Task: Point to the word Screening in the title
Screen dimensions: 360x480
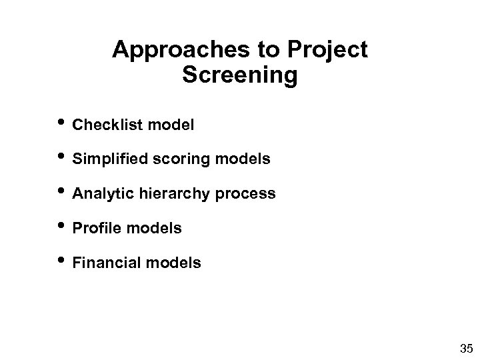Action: click(239, 75)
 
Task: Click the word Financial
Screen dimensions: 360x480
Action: click(104, 263)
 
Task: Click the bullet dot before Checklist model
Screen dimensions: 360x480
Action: click(64, 123)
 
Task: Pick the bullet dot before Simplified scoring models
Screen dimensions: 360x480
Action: click(64, 157)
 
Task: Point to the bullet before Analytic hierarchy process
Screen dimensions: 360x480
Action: click(64, 192)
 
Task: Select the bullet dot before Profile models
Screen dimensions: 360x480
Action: click(64, 227)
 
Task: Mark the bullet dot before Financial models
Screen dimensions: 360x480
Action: click(64, 261)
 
